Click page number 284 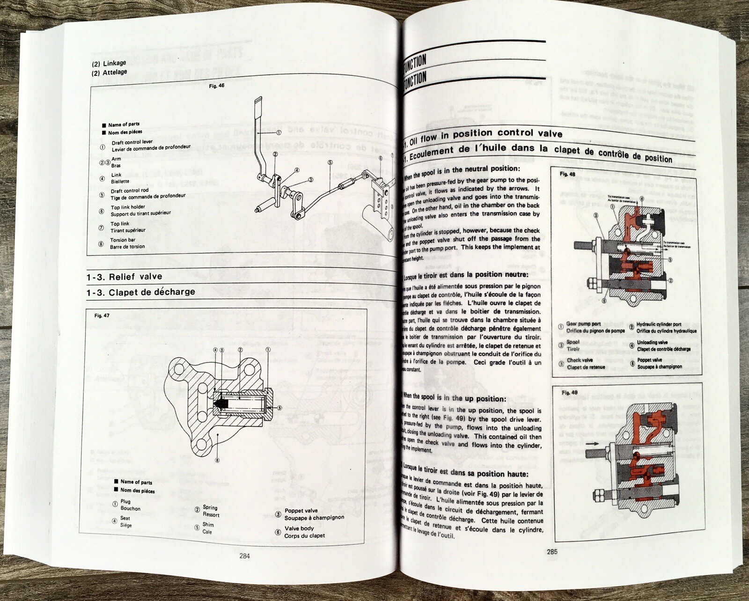(244, 556)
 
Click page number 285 (552, 551)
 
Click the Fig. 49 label (570, 392)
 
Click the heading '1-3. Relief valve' (124, 277)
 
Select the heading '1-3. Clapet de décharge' (141, 292)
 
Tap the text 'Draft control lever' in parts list (132, 142)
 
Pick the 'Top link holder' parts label (128, 207)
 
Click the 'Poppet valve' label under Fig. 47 (301, 511)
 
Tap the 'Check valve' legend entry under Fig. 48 (580, 360)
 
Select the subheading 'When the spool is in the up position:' (457, 399)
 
